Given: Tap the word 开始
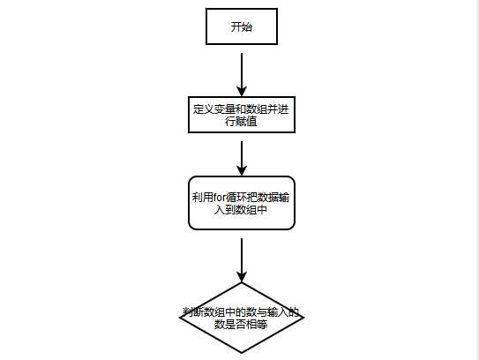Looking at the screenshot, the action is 242,26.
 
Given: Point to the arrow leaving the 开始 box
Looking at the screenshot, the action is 242,75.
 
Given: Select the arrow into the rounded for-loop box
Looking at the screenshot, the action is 242,159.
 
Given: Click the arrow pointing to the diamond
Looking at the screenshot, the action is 242,260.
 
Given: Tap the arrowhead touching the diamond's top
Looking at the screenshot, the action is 242,277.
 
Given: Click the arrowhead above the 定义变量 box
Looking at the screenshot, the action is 242,92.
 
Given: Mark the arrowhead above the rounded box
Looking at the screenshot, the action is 242,171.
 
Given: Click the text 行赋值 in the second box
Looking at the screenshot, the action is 241,122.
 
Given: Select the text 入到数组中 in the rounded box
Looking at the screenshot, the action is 241,210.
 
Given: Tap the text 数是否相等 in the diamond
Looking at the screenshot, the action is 241,324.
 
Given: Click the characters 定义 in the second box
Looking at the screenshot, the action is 203,109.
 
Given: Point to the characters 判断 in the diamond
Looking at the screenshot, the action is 193,312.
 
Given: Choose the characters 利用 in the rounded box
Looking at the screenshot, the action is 203,198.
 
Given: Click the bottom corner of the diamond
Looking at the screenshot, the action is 242,353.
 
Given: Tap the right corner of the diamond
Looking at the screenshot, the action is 304,318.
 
